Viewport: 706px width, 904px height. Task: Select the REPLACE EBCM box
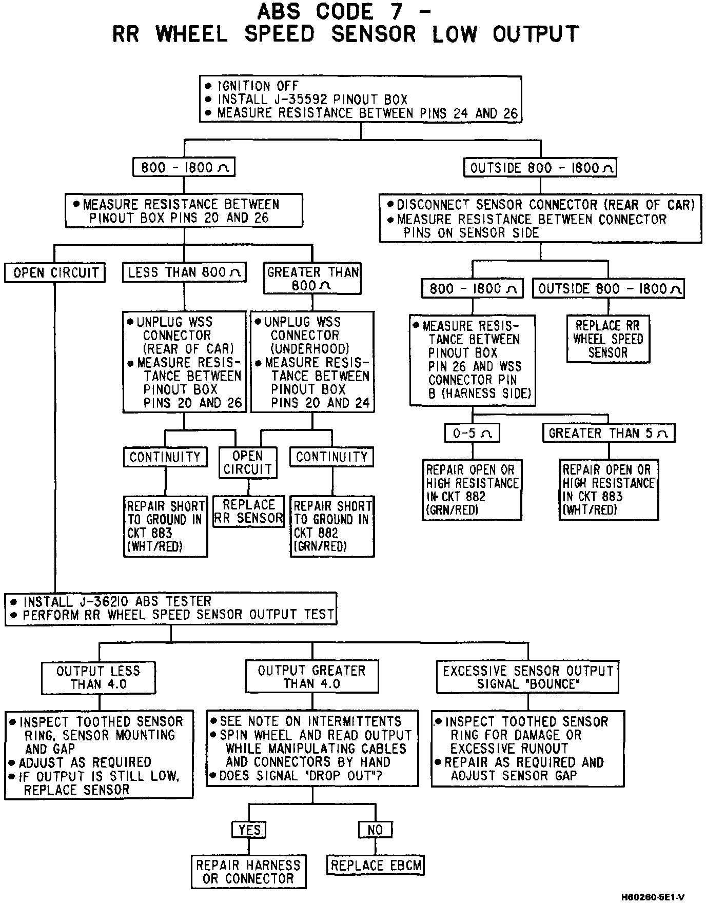pyautogui.click(x=376, y=866)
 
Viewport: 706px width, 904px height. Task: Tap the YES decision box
pyautogui.click(x=249, y=830)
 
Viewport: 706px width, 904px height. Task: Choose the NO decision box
pyautogui.click(x=375, y=830)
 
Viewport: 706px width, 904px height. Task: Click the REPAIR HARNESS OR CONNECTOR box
pyautogui.click(x=248, y=872)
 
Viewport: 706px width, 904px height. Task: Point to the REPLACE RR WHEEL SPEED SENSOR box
pyautogui.click(x=608, y=339)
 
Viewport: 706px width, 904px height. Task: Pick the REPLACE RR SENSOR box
pyautogui.click(x=248, y=512)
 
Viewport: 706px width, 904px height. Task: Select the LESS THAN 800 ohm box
pyautogui.click(x=184, y=272)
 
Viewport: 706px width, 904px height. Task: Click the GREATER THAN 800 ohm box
pyautogui.click(x=312, y=279)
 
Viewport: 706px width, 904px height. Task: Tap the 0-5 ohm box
pyautogui.click(x=472, y=433)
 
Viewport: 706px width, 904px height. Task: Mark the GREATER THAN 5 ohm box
pyautogui.click(x=609, y=433)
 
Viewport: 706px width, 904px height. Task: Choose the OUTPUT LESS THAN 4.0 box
pyautogui.click(x=98, y=677)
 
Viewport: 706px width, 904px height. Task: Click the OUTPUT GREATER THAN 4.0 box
pyautogui.click(x=312, y=677)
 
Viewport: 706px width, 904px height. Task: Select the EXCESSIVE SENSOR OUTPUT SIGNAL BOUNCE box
pyautogui.click(x=527, y=677)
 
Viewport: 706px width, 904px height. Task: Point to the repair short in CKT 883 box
pyautogui.click(x=165, y=526)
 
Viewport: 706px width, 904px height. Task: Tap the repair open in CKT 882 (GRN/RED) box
pyautogui.click(x=472, y=490)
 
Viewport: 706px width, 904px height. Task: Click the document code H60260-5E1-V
pyautogui.click(x=653, y=897)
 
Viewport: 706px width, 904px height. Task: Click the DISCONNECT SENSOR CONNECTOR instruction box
pyautogui.click(x=540, y=219)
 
